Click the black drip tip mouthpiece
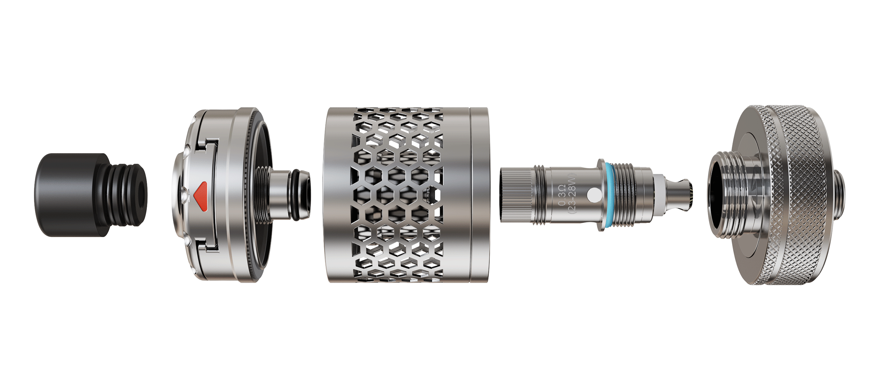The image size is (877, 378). (x=91, y=195)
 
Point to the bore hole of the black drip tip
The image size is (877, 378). (x=142, y=195)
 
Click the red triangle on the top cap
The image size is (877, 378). (x=201, y=196)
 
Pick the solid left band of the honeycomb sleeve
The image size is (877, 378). (x=336, y=195)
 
